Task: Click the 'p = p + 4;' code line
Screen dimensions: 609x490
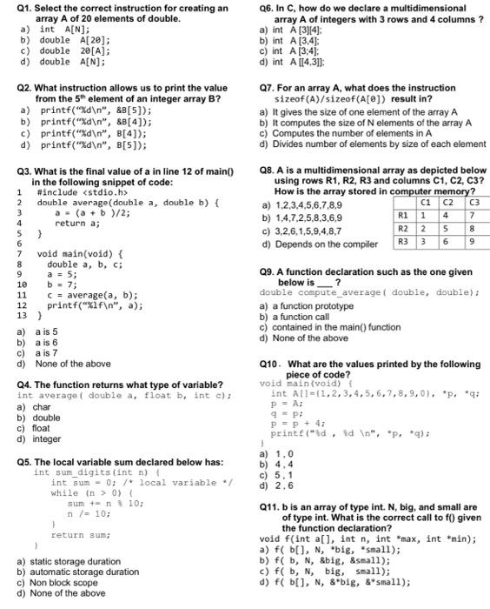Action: coord(294,424)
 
